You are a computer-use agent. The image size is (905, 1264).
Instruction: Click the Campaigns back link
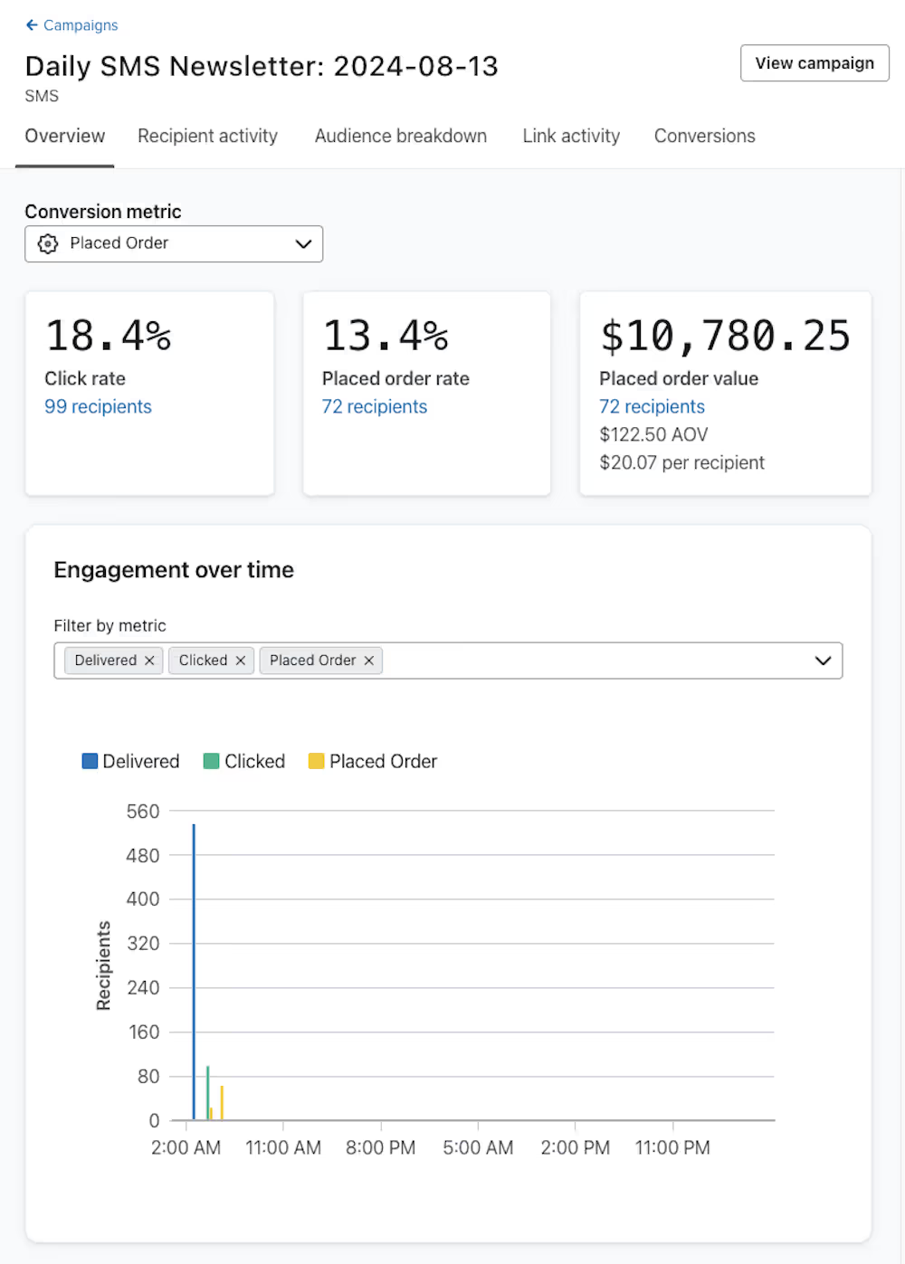click(x=71, y=25)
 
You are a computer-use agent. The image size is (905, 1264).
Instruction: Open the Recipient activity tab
click(x=207, y=136)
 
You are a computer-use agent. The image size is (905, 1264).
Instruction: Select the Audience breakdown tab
click(x=400, y=136)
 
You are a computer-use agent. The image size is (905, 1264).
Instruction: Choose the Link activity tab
click(x=571, y=136)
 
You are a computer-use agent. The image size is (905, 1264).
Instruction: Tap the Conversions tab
click(x=704, y=136)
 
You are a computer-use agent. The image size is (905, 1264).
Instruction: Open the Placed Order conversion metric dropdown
click(x=174, y=243)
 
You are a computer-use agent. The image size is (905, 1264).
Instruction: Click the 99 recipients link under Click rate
click(x=98, y=407)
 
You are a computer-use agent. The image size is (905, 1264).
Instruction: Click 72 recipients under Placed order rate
click(x=374, y=407)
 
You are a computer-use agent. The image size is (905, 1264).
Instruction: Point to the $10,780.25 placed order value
click(x=725, y=336)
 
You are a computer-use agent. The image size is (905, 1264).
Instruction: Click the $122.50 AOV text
click(x=653, y=435)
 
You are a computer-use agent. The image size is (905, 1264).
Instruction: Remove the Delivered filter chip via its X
click(x=149, y=661)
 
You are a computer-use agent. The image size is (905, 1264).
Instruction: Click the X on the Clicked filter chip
click(x=241, y=661)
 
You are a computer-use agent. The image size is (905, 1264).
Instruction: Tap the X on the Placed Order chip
click(x=369, y=661)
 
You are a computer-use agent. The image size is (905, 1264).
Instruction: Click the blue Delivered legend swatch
click(x=90, y=761)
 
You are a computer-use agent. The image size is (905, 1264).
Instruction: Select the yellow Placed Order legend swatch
click(x=316, y=761)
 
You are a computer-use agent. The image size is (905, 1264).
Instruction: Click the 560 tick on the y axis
click(x=143, y=812)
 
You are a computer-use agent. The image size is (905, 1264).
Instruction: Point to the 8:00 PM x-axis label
click(x=380, y=1147)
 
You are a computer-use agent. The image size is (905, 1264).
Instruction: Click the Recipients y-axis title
click(x=103, y=965)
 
